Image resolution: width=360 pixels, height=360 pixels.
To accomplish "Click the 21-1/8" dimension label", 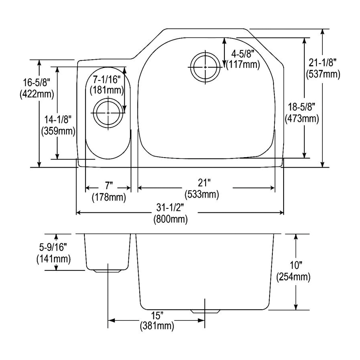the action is (x=322, y=62).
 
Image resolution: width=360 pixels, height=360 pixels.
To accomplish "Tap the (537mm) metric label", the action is (x=323, y=74).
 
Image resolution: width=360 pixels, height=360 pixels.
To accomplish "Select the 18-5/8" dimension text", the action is (x=302, y=107).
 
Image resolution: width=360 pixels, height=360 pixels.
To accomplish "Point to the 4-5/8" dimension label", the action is (x=243, y=54).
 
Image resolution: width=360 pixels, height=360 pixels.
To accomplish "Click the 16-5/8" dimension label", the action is (x=36, y=82).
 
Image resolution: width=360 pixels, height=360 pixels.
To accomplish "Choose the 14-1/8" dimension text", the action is (x=58, y=120).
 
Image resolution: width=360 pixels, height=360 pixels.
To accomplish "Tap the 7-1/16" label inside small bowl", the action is (x=107, y=80).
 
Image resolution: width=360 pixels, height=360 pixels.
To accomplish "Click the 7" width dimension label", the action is (x=109, y=185).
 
